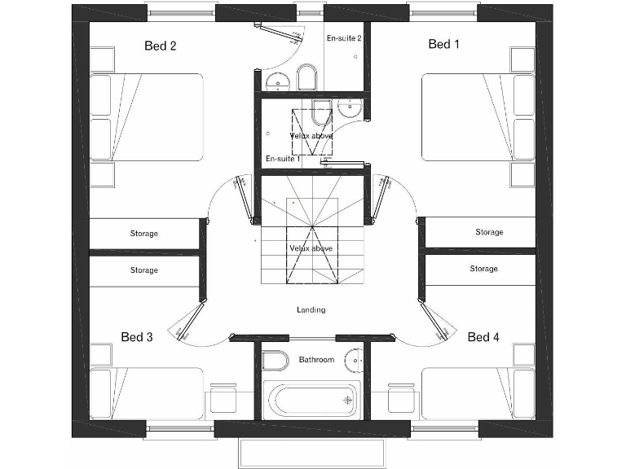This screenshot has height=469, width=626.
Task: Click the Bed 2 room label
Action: click(161, 46)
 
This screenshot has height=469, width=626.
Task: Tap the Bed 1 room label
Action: click(444, 45)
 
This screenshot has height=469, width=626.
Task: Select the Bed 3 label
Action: click(137, 337)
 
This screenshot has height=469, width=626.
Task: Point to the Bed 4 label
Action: click(483, 337)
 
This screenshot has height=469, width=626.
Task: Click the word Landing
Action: click(311, 310)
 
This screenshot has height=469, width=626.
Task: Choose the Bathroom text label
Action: click(316, 360)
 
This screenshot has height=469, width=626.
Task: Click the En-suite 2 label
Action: click(344, 38)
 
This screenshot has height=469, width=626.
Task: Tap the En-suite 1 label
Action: click(280, 159)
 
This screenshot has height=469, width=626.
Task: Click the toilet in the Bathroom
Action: click(276, 360)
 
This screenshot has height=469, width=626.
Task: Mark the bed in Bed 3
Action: click(147, 392)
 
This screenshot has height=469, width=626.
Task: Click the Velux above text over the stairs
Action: click(311, 248)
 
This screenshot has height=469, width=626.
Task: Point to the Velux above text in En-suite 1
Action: click(311, 135)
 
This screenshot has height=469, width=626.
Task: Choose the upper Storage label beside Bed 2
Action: click(144, 234)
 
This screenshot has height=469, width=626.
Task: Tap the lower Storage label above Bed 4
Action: click(483, 269)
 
